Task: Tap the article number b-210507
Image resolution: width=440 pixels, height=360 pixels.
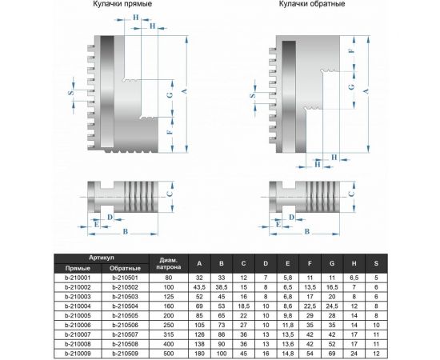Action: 126,334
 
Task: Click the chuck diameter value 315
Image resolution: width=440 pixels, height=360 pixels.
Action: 168,334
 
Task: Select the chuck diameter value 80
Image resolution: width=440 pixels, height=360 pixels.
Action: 168,276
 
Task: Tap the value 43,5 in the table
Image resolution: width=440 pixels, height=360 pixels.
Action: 199,286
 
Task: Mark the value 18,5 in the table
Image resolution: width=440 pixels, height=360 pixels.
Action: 244,305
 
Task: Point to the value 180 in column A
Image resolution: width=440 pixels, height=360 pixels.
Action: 199,353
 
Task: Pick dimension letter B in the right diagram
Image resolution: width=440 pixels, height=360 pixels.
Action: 305,232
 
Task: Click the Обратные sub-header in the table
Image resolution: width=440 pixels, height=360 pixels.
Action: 126,267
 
